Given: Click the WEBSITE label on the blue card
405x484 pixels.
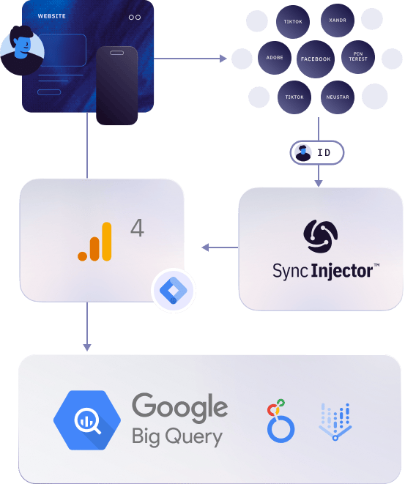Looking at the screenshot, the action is [51, 16].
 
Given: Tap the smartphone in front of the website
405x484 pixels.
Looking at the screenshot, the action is [116, 86].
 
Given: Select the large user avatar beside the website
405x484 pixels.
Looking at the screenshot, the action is [22, 51].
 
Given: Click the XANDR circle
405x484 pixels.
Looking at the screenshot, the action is [338, 21].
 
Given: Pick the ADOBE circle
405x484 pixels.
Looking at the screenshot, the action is [275, 58].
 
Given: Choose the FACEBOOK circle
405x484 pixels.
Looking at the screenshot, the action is [316, 59].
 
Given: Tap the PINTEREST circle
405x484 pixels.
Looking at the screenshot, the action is [358, 57].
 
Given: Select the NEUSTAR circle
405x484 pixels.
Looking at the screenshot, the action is [338, 97].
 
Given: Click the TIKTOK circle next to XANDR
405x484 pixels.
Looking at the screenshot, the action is [293, 22].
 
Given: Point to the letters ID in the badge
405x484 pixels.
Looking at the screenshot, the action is [324, 153].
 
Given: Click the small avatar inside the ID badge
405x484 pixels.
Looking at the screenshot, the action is [302, 153].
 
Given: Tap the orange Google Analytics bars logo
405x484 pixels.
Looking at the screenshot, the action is [94, 242].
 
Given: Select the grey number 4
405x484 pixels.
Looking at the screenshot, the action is [137, 228].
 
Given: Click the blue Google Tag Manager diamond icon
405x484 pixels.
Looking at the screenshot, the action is [174, 291].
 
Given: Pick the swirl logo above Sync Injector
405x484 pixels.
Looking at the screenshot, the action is [321, 236].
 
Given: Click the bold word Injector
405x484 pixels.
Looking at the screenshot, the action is [342, 272].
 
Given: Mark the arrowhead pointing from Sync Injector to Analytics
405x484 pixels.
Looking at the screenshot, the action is [205, 247].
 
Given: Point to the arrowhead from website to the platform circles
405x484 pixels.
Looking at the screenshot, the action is [223, 59].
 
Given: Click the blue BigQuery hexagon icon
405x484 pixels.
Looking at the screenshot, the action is [87, 420].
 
